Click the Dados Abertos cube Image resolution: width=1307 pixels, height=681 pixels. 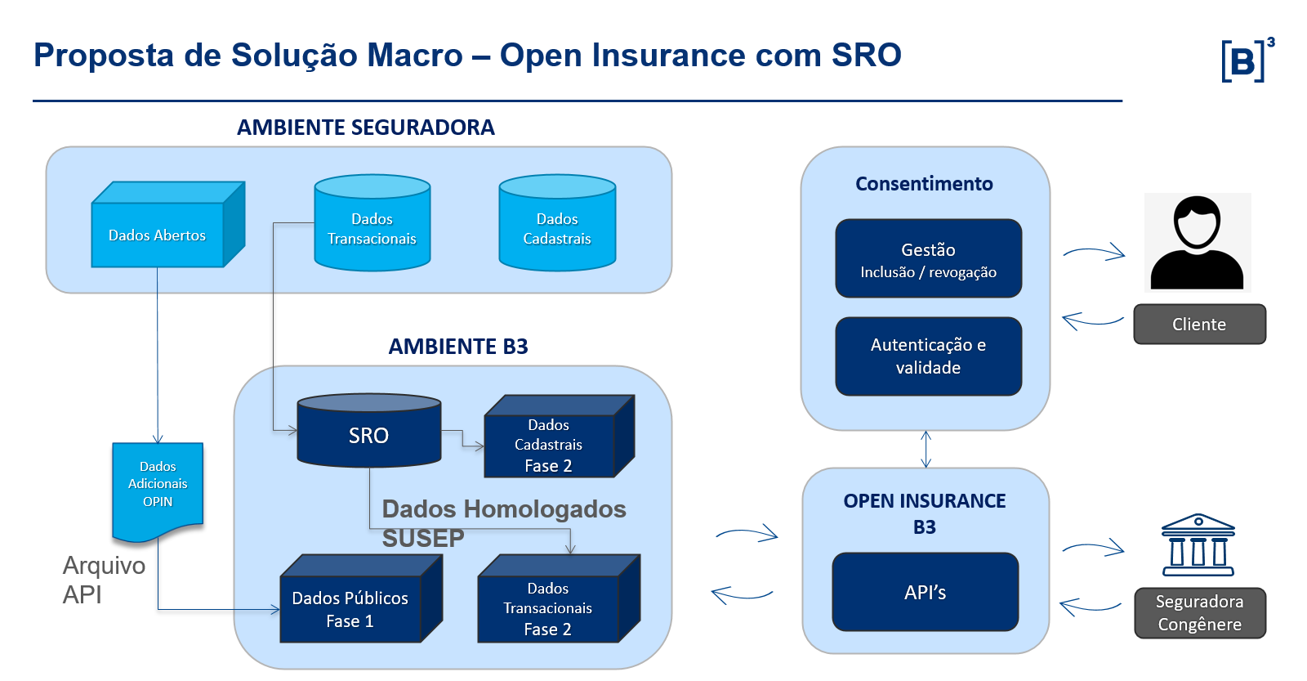pos(158,235)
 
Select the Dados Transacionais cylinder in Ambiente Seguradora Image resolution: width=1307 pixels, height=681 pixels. pos(372,228)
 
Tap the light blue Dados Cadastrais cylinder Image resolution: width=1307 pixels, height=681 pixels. pos(557,228)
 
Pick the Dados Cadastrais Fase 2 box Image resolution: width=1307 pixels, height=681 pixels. pos(549,445)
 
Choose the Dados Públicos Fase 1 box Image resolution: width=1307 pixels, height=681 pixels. pos(350,609)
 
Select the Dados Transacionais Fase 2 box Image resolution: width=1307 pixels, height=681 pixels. pos(548,608)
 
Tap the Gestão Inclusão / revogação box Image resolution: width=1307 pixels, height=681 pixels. pos(928,259)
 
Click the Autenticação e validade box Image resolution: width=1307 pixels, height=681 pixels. pos(928,356)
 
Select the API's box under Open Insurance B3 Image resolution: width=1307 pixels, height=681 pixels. pos(925,592)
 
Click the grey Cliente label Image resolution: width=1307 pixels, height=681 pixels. pos(1199,325)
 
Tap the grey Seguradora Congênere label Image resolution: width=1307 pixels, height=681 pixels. pos(1199,613)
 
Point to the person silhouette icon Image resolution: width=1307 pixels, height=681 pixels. pos(1197,243)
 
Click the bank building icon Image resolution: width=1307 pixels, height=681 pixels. pos(1198,545)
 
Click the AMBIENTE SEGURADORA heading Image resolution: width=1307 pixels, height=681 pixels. pos(365,128)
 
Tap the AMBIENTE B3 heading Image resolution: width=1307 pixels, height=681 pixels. pos(457,347)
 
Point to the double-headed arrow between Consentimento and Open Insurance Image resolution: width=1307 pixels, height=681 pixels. pos(926,449)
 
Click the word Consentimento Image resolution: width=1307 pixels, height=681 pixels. pos(924,184)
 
